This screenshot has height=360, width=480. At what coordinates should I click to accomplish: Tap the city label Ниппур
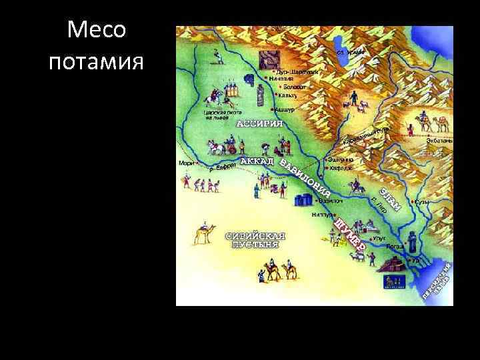click(323, 215)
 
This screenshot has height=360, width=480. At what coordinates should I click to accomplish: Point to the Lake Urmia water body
click(348, 49)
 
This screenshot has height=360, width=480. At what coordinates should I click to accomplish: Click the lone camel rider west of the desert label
click(204, 233)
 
